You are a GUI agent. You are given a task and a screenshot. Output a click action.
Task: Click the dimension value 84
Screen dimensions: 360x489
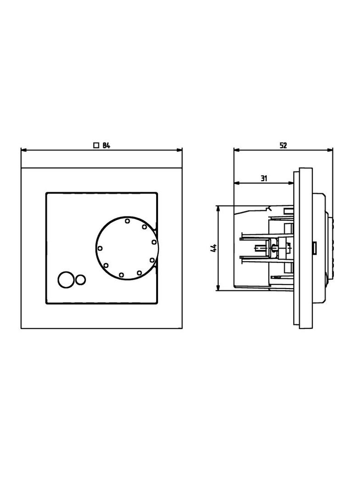[x=106, y=145]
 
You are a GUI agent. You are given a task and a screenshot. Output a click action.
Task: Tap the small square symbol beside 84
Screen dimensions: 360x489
[x=96, y=145]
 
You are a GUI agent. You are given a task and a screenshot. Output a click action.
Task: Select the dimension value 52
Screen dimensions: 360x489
[x=283, y=145]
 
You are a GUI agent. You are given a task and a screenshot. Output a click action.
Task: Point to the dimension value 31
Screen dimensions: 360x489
[x=264, y=178]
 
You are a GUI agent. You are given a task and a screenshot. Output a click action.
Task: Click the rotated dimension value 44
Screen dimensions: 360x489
[x=214, y=248]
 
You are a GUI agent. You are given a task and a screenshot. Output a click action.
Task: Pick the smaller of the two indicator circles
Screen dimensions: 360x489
[x=80, y=279]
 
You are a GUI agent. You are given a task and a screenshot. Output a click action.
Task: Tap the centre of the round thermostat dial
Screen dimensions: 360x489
[x=127, y=248]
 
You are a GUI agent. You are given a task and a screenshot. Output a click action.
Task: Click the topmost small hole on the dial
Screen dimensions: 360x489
[x=127, y=221]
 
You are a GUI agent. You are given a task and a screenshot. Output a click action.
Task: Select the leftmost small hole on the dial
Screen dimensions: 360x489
[x=100, y=248]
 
